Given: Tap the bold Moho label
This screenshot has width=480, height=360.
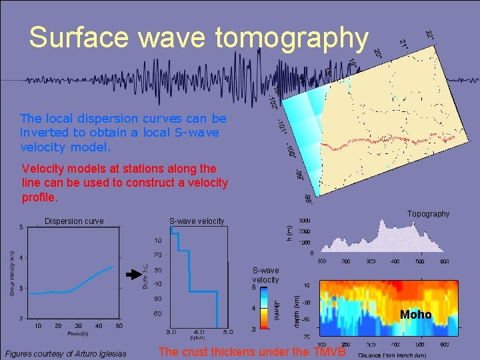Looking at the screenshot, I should [x=416, y=315].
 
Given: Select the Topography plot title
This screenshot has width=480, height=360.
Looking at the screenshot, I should [x=428, y=214].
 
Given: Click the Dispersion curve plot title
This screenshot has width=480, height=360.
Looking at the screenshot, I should [x=74, y=221].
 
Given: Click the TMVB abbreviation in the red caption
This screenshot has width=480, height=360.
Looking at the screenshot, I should [x=329, y=353].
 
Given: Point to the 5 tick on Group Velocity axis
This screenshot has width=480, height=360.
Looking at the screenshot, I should [x=21, y=228].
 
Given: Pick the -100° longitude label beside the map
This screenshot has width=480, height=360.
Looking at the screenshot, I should [x=291, y=150].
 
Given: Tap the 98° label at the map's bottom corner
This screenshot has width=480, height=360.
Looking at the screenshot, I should [x=308, y=199].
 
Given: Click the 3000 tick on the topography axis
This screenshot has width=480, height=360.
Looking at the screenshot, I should [x=304, y=221].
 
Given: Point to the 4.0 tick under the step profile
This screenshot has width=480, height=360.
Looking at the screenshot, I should [x=199, y=331].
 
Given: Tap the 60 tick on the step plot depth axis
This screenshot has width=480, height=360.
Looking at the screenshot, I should [x=158, y=313].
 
